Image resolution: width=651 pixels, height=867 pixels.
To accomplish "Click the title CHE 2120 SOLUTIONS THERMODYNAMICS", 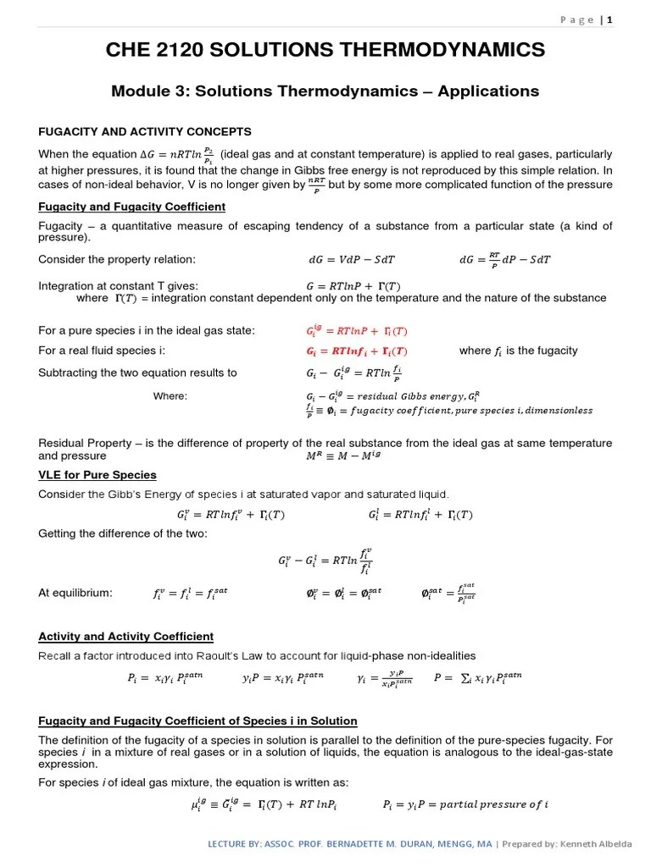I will click(x=325, y=52).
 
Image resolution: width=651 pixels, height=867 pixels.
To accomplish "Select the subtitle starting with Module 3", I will click(x=325, y=91).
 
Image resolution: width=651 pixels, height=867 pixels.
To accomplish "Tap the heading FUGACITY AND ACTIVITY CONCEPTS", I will click(x=145, y=131).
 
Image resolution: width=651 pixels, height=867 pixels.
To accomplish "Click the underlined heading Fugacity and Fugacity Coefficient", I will click(x=132, y=207).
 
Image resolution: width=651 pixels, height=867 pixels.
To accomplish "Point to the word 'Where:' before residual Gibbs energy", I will click(x=170, y=395).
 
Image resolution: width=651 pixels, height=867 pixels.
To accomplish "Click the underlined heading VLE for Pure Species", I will click(x=97, y=474).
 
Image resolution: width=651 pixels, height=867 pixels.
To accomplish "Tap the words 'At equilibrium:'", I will click(x=75, y=593).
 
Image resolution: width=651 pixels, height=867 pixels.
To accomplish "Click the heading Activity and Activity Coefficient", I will click(x=126, y=636).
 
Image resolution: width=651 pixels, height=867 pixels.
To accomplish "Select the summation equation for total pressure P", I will click(x=477, y=677).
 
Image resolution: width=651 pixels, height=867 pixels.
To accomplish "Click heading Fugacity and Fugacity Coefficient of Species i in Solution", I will click(x=198, y=721).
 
